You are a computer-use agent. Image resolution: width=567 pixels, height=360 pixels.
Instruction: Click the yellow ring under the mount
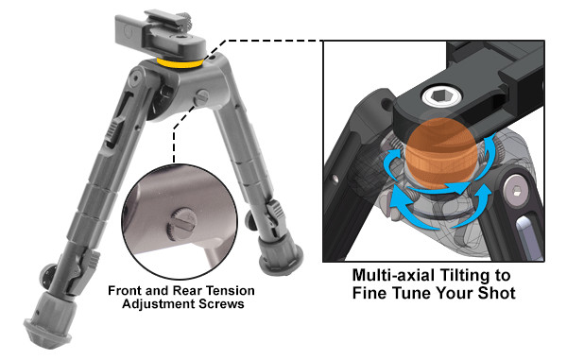180,64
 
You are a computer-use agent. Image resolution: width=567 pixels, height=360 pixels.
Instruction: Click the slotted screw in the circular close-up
180,224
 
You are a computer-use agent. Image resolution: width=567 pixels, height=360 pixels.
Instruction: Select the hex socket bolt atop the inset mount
442,95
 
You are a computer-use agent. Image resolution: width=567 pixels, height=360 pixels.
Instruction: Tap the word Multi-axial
393,275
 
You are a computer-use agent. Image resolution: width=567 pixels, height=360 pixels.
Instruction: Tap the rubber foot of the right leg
281,255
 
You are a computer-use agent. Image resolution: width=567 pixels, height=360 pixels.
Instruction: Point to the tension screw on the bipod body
201,97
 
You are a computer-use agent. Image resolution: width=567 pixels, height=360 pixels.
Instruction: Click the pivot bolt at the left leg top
136,78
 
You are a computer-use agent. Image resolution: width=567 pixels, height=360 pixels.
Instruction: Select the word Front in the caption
121,291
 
